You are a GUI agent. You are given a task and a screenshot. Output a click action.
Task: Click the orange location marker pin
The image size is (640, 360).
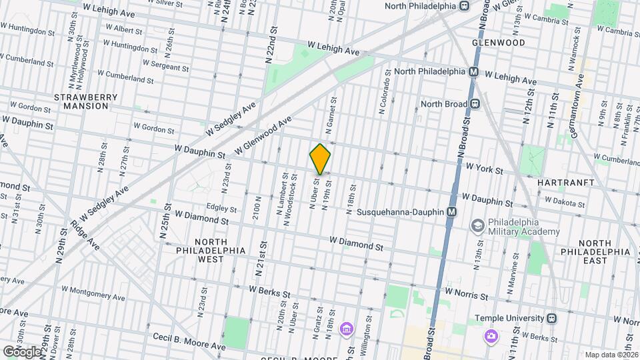click(320, 159)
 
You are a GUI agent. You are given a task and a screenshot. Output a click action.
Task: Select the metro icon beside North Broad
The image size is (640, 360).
click(475, 103)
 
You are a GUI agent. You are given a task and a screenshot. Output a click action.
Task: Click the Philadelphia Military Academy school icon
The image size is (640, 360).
click(477, 226)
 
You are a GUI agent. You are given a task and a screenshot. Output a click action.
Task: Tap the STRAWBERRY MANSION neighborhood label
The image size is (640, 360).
click(81, 101)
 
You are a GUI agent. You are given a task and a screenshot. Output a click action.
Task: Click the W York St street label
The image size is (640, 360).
click(484, 170)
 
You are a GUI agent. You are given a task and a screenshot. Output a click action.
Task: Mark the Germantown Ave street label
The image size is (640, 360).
click(579, 100)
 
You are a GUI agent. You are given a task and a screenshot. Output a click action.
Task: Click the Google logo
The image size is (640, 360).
click(21, 351)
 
